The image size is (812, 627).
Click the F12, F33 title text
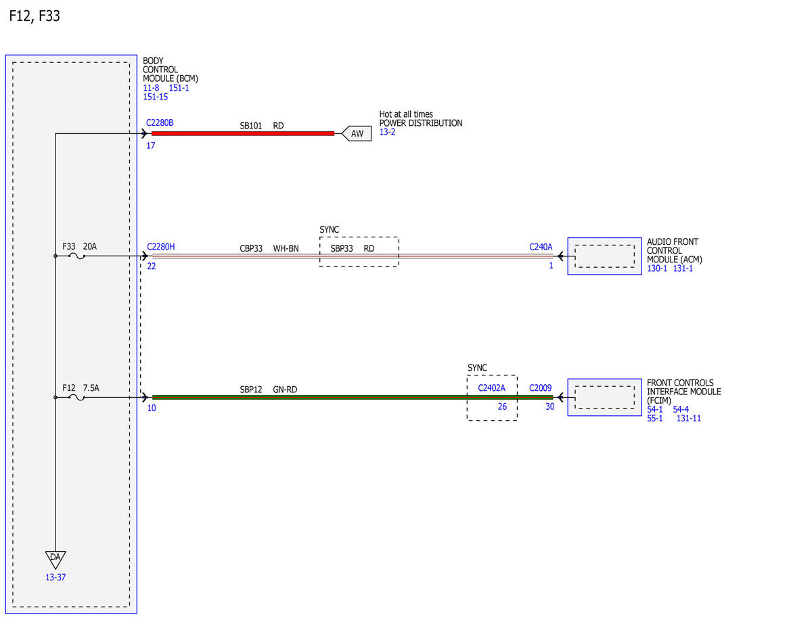[35, 16]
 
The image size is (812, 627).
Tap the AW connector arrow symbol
[356, 133]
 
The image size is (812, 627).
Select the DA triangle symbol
[55, 559]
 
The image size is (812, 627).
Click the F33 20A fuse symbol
[77, 256]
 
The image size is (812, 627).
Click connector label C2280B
[160, 123]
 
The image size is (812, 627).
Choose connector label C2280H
[160, 247]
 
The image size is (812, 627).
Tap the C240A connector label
[541, 247]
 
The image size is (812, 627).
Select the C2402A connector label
[491, 388]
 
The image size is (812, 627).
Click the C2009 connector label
[540, 388]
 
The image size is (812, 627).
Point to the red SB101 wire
[243, 133]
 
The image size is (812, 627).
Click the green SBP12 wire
[353, 397]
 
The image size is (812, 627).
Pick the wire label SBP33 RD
[353, 248]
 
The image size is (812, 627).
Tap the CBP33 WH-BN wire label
[269, 248]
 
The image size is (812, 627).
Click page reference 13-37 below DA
[55, 578]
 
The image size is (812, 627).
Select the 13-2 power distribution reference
[387, 132]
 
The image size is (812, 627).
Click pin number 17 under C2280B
[151, 145]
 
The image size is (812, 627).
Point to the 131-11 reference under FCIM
[689, 418]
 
